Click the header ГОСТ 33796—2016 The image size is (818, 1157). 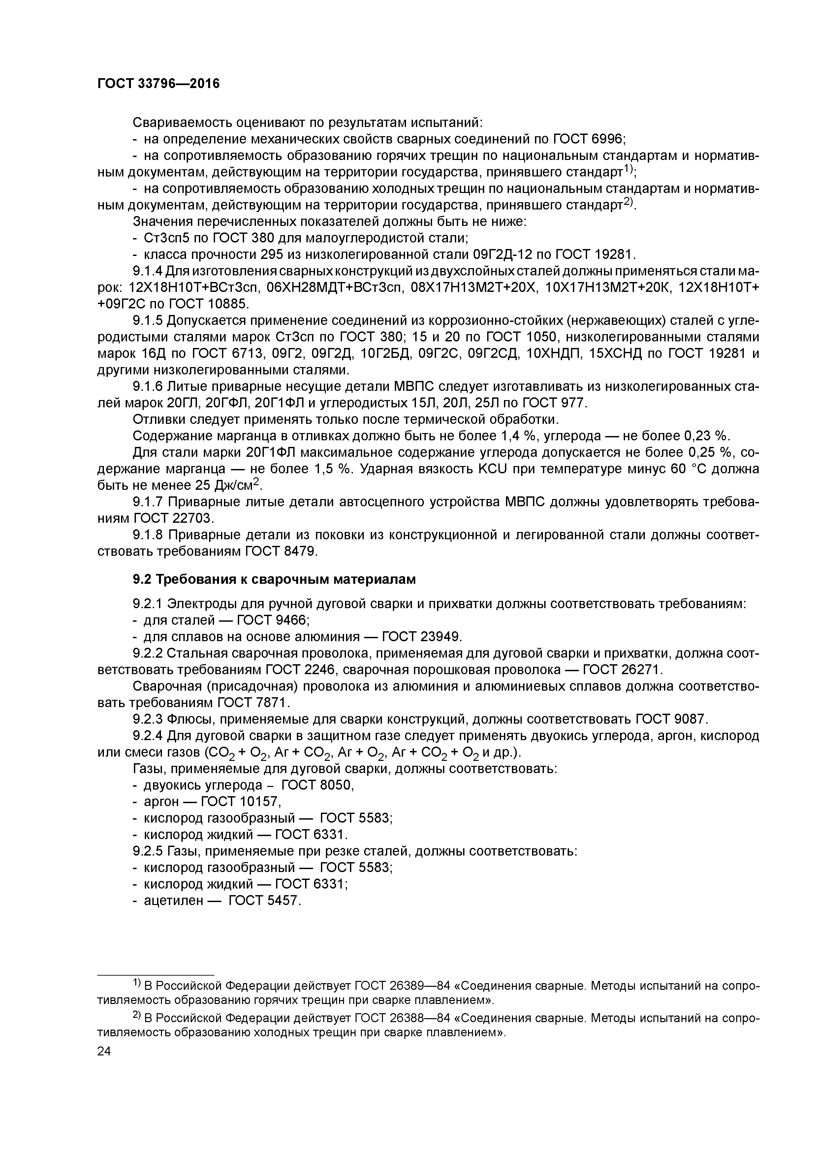tap(158, 84)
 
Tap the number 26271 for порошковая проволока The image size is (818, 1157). tap(637, 670)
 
